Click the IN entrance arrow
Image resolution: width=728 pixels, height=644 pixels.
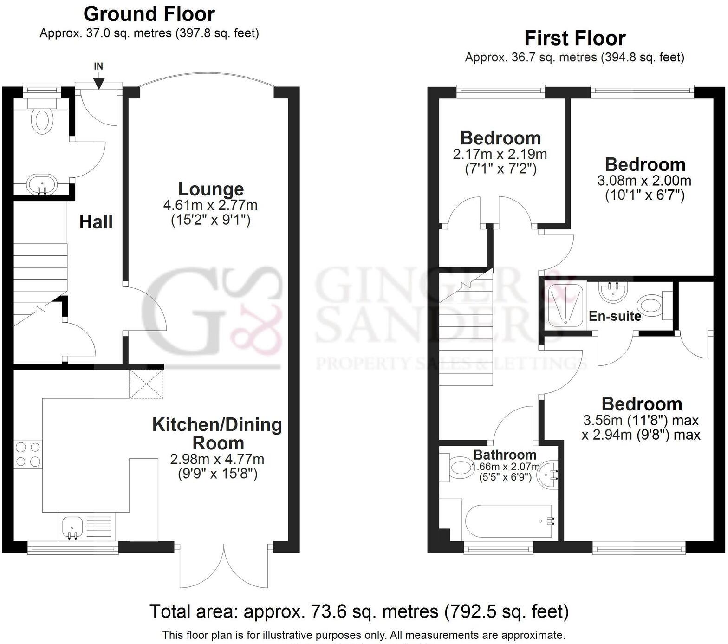click(98, 82)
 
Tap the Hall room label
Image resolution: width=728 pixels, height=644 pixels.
click(96, 222)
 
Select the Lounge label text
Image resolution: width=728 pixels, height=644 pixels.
click(211, 189)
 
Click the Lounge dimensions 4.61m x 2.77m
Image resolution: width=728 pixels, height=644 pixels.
click(210, 205)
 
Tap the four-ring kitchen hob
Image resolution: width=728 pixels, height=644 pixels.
click(28, 454)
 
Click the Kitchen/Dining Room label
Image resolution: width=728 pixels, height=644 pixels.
click(217, 434)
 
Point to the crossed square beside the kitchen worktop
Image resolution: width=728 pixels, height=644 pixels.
click(147, 384)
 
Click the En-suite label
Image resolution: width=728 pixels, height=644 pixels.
click(615, 316)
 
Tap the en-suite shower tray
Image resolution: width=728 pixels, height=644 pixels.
click(563, 304)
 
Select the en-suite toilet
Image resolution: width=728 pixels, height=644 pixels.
click(654, 306)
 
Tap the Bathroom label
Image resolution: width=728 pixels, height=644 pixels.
click(505, 455)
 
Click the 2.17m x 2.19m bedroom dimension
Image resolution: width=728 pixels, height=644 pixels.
click(500, 154)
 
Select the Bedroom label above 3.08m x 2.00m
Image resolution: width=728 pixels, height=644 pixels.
click(645, 164)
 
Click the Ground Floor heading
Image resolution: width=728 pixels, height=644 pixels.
click(149, 14)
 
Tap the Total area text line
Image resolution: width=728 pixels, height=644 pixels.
click(359, 611)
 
